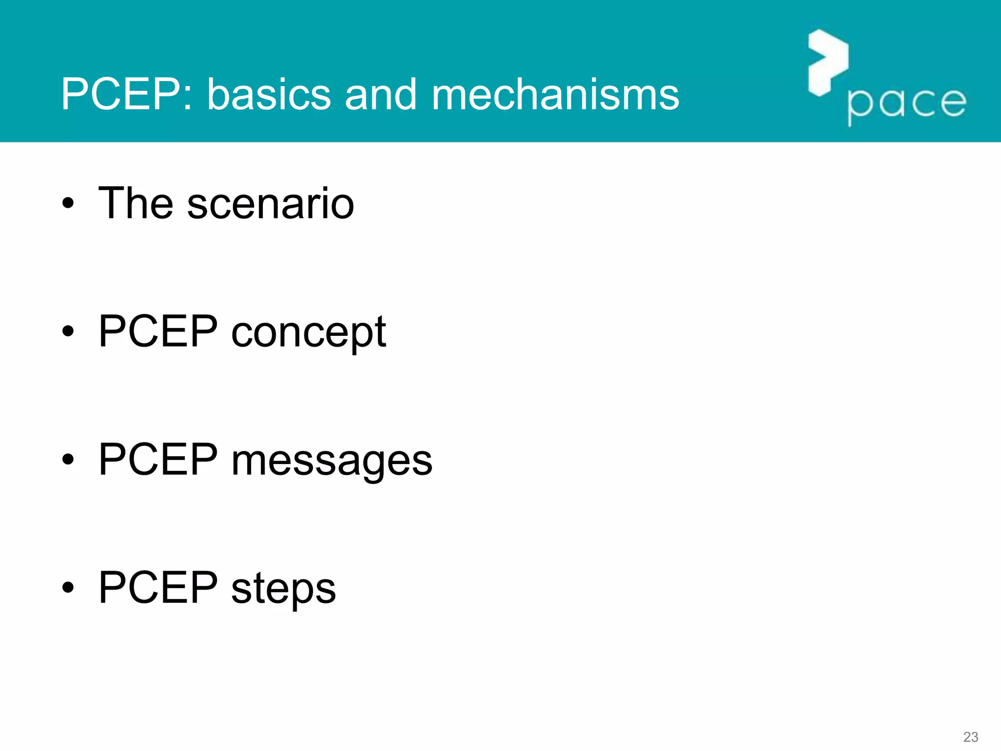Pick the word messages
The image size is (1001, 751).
coord(332,461)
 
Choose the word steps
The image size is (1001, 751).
coord(283,588)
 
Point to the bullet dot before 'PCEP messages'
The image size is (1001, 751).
coord(68,460)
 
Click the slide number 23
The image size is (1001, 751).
coord(970,737)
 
